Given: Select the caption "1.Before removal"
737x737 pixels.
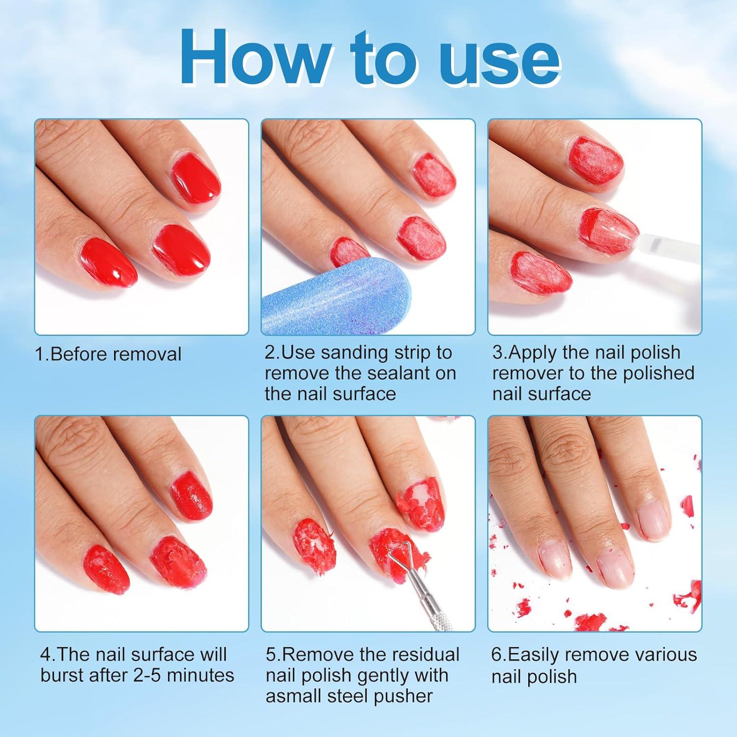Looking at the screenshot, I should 108,354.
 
